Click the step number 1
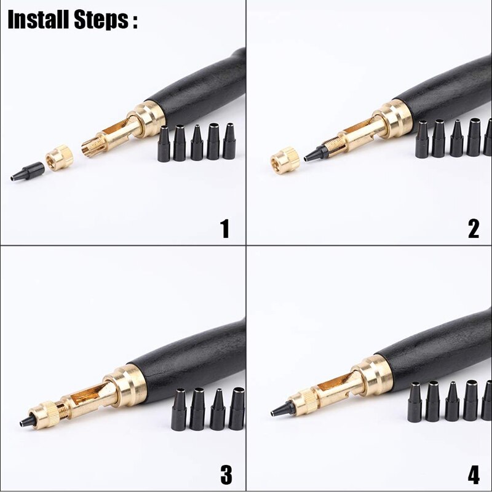coord(225,229)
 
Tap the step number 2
coord(473,229)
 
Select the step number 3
coord(226,474)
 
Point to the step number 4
coord(473,474)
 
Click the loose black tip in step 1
coord(28,170)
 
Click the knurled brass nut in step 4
coord(301,402)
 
